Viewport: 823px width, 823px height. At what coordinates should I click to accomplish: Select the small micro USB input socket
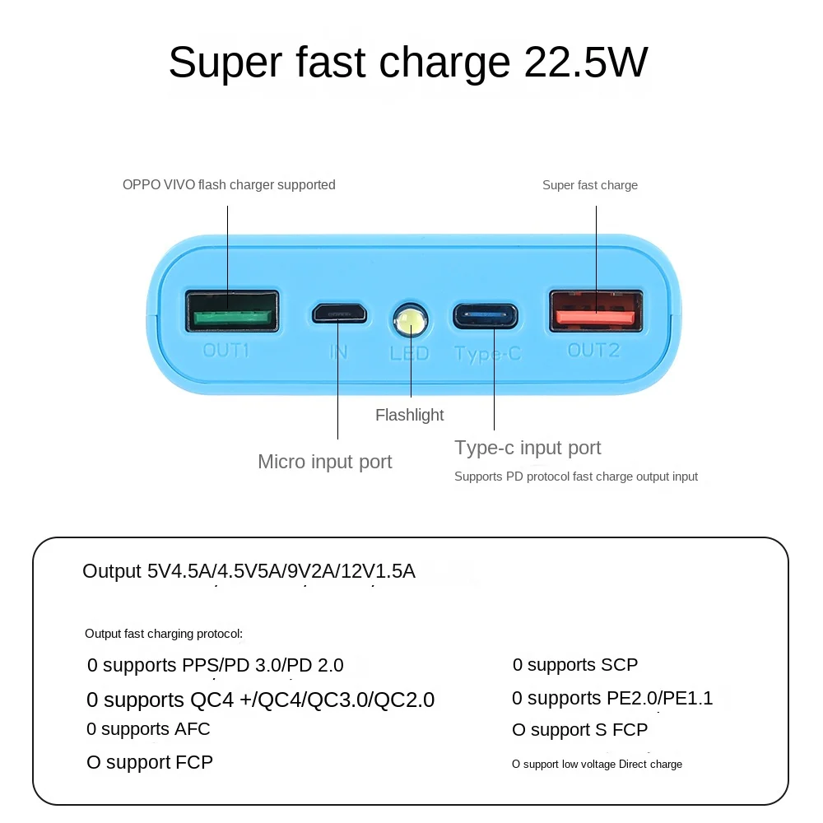(338, 313)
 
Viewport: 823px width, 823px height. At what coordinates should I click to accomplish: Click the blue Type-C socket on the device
(486, 315)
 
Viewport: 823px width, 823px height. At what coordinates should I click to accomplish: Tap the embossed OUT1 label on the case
(226, 351)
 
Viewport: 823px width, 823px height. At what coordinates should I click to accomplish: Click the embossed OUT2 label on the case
(593, 351)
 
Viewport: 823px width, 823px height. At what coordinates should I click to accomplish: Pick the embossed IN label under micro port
(338, 352)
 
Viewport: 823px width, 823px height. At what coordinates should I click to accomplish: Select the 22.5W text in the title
(586, 62)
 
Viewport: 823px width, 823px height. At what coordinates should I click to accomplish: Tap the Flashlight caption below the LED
(409, 415)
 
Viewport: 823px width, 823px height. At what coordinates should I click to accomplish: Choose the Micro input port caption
(325, 462)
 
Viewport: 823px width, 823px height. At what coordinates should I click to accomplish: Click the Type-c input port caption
(528, 448)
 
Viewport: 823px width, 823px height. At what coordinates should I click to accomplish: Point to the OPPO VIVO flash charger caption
(229, 185)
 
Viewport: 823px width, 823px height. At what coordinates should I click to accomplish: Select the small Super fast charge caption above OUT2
(590, 185)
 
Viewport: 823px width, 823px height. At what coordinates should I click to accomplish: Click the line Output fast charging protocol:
(164, 634)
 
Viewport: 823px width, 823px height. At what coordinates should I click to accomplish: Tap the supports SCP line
(575, 665)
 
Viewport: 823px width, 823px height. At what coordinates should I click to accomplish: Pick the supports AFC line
(148, 729)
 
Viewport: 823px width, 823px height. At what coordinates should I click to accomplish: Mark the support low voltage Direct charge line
(597, 765)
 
